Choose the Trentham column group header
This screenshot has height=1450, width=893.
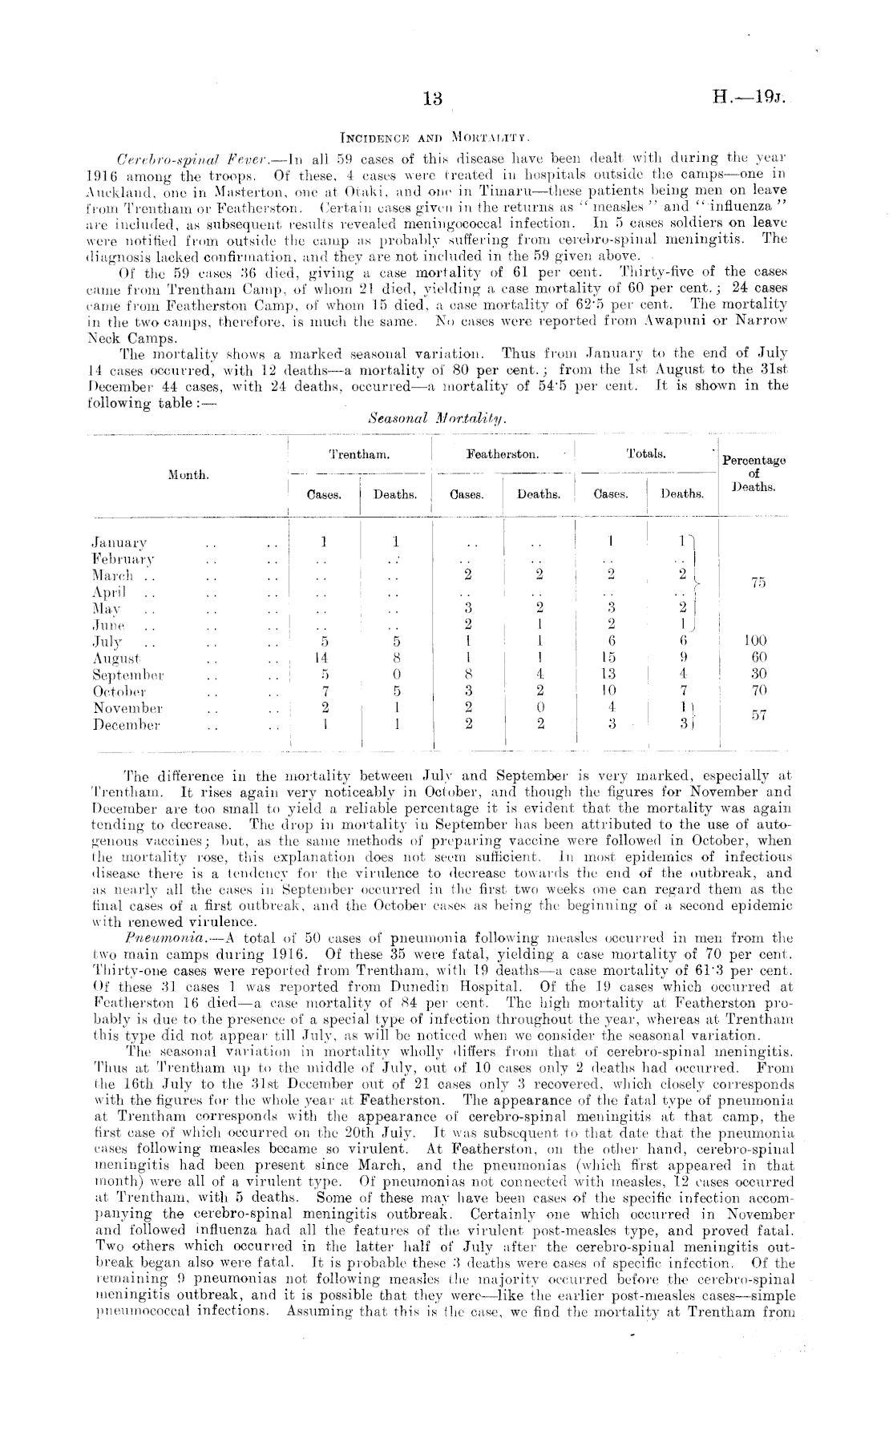pyautogui.click(x=360, y=454)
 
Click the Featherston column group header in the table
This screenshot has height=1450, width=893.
pyautogui.click(x=503, y=454)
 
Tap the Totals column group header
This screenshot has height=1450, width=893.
pyautogui.click(x=646, y=454)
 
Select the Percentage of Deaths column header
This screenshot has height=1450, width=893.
pyautogui.click(x=754, y=473)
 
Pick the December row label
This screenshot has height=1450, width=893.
pyautogui.click(x=127, y=726)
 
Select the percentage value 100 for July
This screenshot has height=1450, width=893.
pyautogui.click(x=755, y=640)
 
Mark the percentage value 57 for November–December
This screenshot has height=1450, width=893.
pyautogui.click(x=755, y=716)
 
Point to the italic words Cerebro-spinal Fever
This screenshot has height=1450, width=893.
pyautogui.click(x=180, y=155)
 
